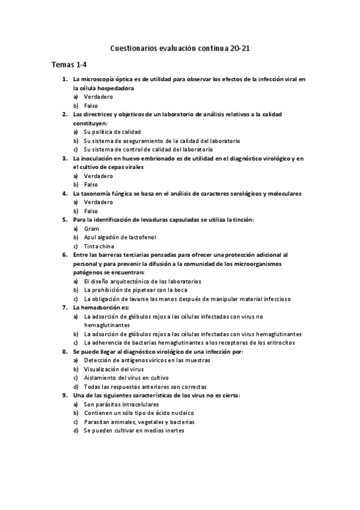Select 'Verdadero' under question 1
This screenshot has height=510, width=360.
[x=99, y=97]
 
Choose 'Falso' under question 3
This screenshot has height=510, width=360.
[x=91, y=185]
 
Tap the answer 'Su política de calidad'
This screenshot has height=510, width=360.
[x=112, y=132]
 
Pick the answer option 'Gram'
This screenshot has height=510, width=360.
[x=91, y=229]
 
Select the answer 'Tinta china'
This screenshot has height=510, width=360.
[x=99, y=246]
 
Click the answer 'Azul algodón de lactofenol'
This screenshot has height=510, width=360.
[x=121, y=237]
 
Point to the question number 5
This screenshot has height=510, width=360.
[x=64, y=220]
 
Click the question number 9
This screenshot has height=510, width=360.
[x=64, y=395]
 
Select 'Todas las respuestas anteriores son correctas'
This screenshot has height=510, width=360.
[x=145, y=387]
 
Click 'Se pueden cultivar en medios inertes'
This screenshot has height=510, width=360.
[x=134, y=431]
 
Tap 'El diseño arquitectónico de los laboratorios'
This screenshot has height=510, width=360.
[x=142, y=281]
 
